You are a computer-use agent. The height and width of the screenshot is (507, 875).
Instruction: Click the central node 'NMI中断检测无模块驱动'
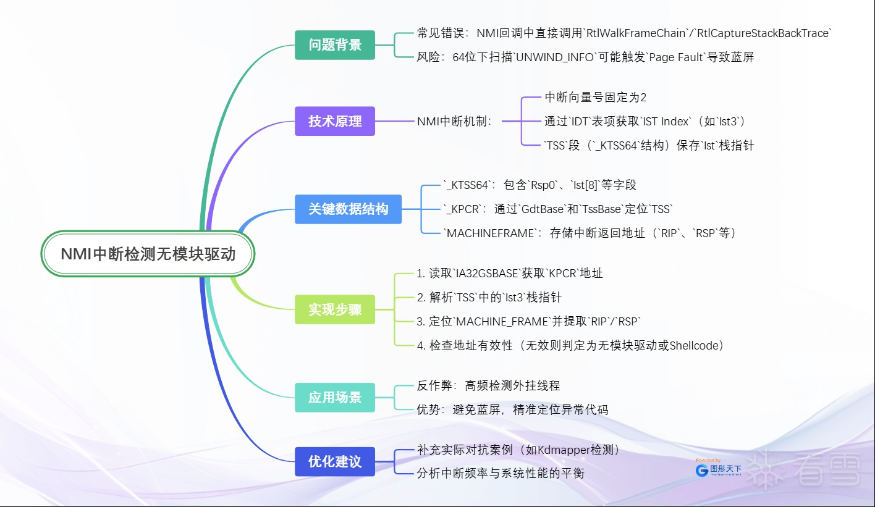coord(148,254)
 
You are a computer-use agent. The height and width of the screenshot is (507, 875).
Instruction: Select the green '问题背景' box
coord(335,45)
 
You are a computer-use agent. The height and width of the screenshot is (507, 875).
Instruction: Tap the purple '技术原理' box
coord(335,121)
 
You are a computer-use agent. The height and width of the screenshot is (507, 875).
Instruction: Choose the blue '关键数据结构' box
coord(348,209)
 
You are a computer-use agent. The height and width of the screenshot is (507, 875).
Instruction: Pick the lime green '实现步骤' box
coord(335,309)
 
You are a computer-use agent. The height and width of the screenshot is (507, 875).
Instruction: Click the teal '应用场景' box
coord(335,398)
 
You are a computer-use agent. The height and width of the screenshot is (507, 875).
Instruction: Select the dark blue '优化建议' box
coord(335,461)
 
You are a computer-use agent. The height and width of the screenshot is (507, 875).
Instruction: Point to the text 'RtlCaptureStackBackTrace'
coord(764,33)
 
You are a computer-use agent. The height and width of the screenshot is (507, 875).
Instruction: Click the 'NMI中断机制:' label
coord(454,121)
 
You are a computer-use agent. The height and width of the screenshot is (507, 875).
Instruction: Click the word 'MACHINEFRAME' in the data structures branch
coord(491,233)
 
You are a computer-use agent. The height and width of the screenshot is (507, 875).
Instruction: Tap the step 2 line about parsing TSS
coord(489,297)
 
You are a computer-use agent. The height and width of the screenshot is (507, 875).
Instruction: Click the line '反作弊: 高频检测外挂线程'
coord(488,385)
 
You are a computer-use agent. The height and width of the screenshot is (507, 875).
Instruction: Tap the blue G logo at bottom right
coord(702,471)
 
